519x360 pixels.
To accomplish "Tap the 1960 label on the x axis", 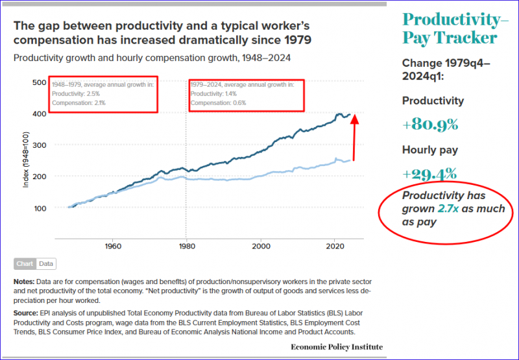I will [114, 247].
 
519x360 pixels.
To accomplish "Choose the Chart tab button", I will [25, 264].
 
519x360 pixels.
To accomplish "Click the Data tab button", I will [46, 264].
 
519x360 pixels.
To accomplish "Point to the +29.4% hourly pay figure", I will [429, 174].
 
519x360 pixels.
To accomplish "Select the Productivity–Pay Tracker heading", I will [455, 28].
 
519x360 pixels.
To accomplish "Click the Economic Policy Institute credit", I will [337, 347].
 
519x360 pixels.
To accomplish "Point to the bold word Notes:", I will [25, 282].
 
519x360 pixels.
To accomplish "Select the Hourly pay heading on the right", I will [430, 150].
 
